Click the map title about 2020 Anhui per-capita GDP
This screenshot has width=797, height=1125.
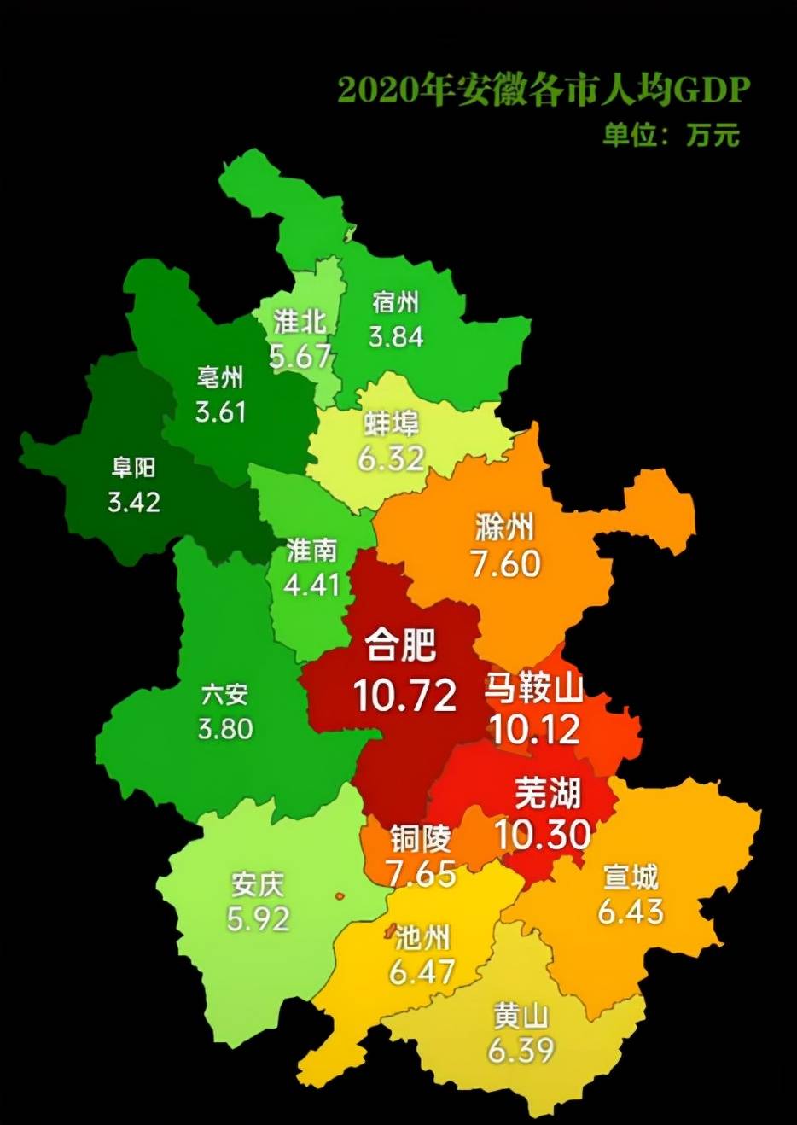coord(543,89)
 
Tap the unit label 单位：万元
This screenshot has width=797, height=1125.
coord(671,135)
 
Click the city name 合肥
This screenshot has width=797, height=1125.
coord(401,644)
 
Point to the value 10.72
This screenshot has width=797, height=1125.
coord(405,697)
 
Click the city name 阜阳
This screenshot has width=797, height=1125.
coord(134,467)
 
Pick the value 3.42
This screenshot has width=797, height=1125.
coord(134,501)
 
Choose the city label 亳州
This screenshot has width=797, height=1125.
coord(220,376)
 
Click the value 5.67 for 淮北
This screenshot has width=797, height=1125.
coord(300,355)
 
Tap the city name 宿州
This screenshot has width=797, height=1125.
coord(396,302)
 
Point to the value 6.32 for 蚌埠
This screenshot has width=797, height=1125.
coord(391,458)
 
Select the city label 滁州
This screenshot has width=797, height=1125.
coord(504,528)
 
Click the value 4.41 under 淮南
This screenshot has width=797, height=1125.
coord(312,585)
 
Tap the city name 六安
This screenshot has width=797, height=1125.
coord(225,694)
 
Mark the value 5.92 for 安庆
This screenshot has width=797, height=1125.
coord(258,918)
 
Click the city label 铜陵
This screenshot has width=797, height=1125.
coord(420,840)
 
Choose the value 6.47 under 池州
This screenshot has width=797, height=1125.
coord(422,971)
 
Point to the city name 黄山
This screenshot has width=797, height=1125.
coord(521,1016)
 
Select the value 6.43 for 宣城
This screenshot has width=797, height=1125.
coord(631,911)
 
